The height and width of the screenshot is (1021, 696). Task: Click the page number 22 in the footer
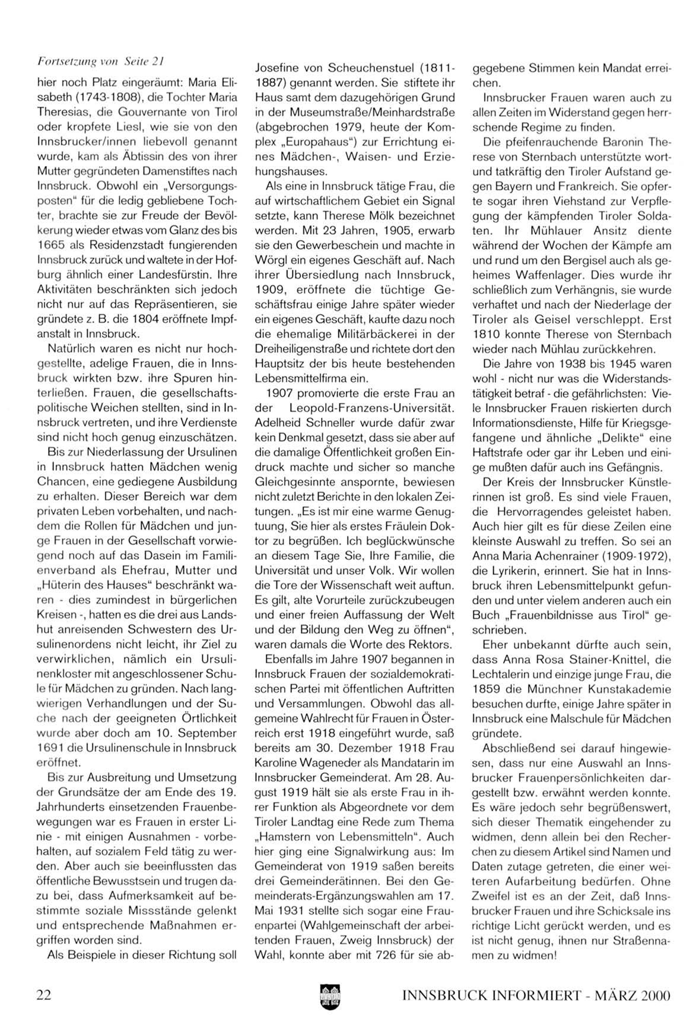pos(43,995)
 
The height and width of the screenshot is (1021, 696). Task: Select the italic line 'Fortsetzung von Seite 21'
pos(100,60)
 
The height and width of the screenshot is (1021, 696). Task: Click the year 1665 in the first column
pos(50,245)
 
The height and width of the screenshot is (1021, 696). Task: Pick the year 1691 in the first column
pos(50,748)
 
